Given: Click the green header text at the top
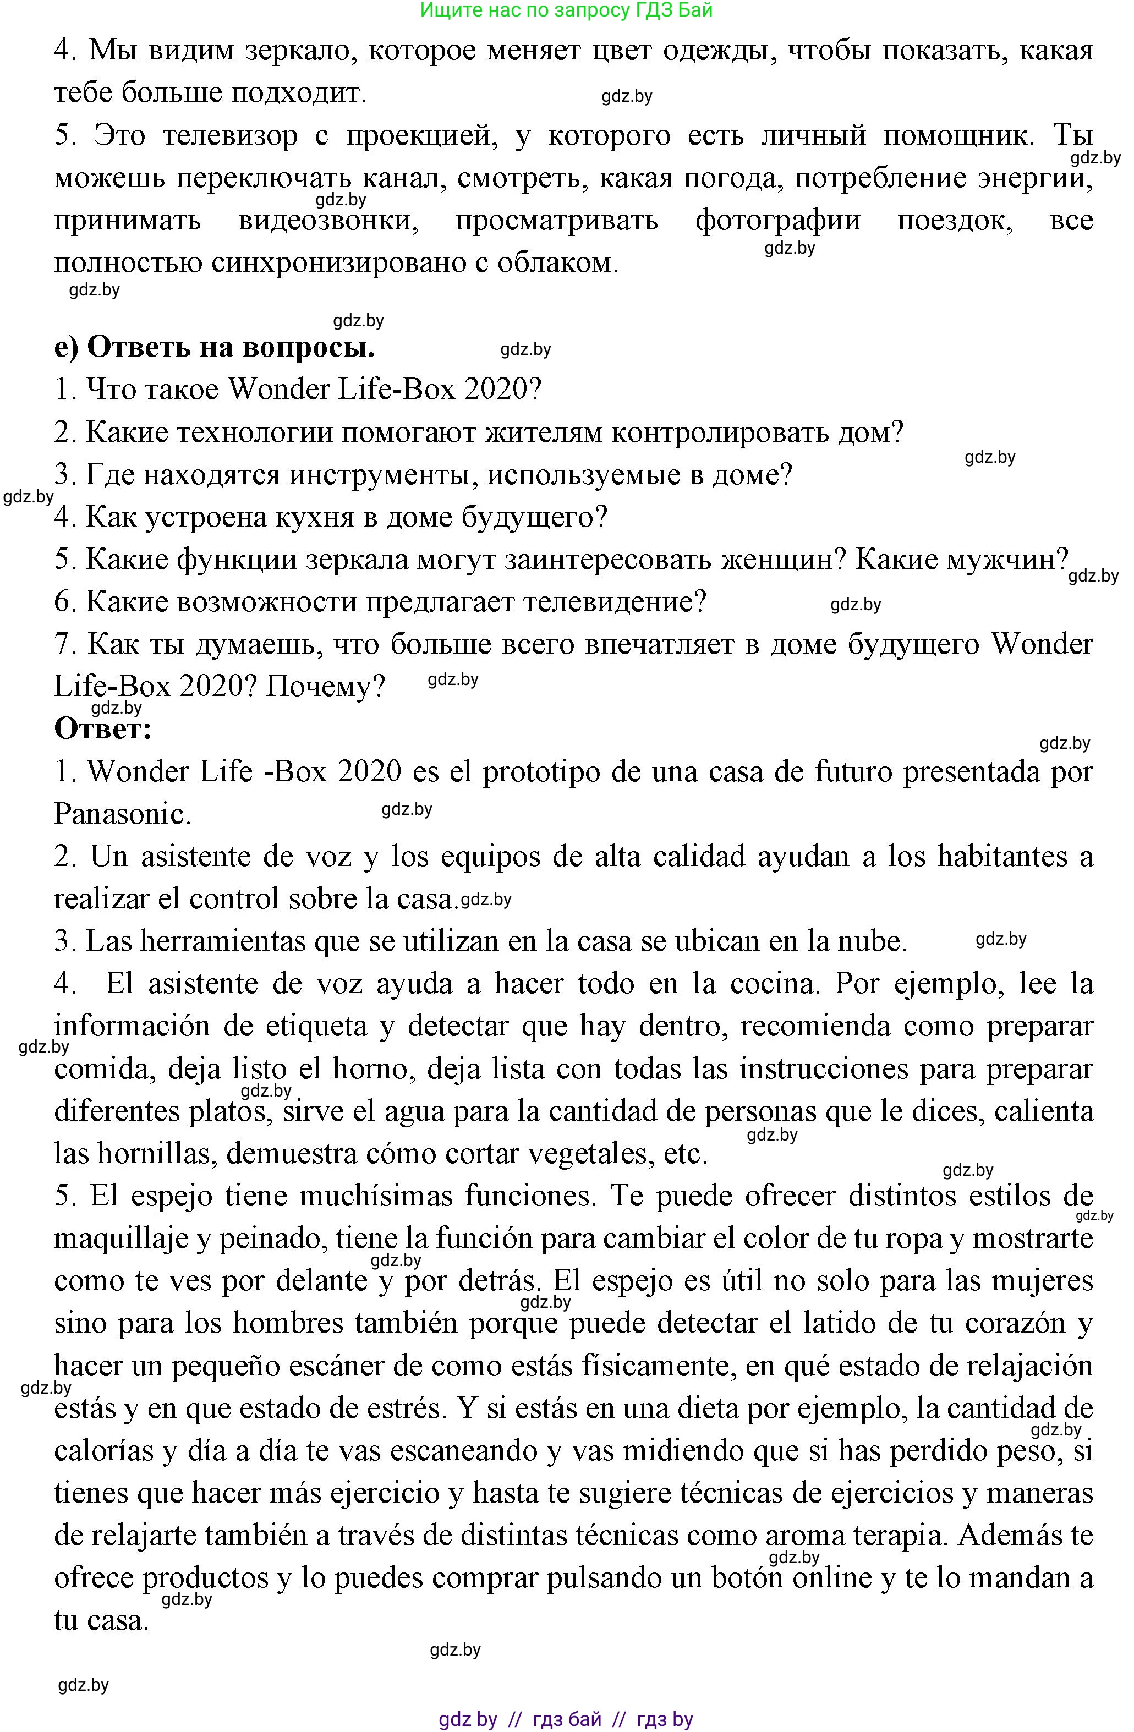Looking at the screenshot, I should pyautogui.click(x=566, y=10).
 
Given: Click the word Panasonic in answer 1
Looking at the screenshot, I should pyautogui.click(x=122, y=814).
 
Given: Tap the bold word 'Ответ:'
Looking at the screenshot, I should pyautogui.click(x=103, y=728).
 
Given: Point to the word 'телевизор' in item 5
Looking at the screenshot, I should pyautogui.click(x=230, y=136).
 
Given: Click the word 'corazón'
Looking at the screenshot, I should pyautogui.click(x=999, y=1323).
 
